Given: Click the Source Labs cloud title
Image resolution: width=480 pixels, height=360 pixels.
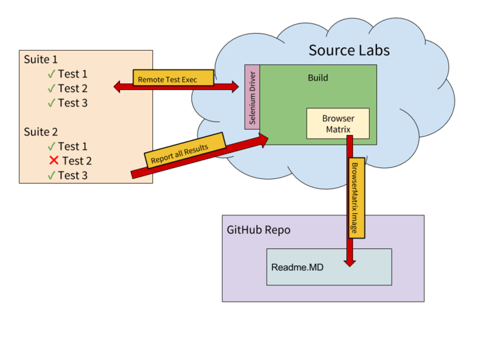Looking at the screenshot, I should pos(349,50).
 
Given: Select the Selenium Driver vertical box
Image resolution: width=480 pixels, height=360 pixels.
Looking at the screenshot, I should pos(252,97).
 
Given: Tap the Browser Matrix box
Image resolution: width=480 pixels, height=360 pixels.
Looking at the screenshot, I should pos(337,123).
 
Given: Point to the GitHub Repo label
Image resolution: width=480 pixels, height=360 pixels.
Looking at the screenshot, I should pos(259,230).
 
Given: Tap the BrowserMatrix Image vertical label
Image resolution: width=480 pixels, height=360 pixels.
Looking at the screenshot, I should pos(355,199).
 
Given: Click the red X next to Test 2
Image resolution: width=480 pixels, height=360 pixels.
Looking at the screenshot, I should pos(53,160).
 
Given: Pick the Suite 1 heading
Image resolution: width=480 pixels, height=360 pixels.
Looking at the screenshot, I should pos(41,60).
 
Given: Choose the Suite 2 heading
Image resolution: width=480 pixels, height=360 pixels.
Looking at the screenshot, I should pos(41,132).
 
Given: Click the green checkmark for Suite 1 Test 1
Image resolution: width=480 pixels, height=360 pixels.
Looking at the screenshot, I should pos(51,74).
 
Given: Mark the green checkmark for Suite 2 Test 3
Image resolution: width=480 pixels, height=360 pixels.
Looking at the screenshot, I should pos(51,176).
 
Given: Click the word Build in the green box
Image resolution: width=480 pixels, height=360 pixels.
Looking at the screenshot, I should pos(317,77).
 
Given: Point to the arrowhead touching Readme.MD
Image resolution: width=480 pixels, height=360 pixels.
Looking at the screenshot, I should pos(350,261).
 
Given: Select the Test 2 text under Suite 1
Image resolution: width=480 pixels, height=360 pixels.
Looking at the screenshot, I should pos(73,88).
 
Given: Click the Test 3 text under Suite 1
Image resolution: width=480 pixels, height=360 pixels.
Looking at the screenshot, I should pos(73,103).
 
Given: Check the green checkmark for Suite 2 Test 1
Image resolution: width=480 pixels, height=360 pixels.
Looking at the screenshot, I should pos(51,146).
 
